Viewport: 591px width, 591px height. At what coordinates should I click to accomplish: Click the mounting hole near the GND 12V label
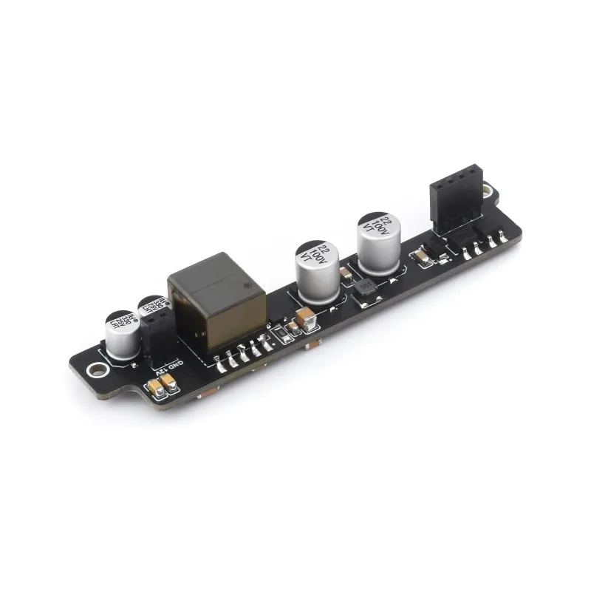coord(94,372)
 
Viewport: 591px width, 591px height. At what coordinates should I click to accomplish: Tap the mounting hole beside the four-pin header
coord(486,194)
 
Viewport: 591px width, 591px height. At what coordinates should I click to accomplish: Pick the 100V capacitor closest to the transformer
coord(315,270)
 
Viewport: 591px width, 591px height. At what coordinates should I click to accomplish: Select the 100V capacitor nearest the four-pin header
coord(378,242)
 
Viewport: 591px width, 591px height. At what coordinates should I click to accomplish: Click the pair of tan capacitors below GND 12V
coord(162,385)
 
